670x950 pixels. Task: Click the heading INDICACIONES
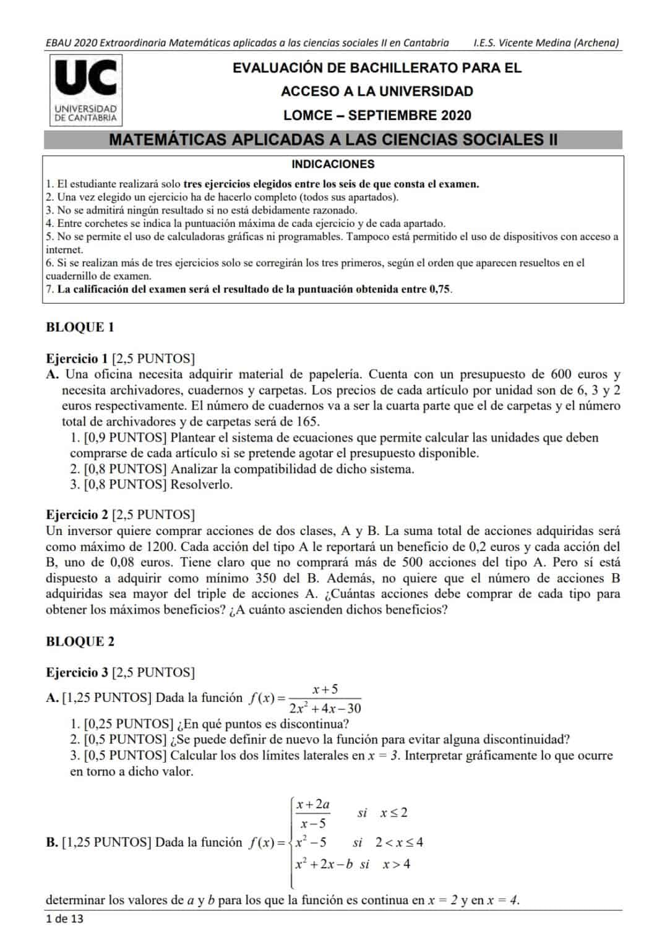tap(333, 165)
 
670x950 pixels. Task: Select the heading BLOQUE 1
tap(80, 328)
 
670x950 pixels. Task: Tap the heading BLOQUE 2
tap(80, 642)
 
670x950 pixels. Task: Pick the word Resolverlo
tap(202, 485)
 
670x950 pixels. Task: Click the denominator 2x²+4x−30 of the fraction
tap(325, 709)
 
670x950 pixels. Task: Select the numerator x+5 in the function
tap(325, 689)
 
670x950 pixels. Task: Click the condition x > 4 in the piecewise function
tap(396, 865)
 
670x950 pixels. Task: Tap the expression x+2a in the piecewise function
tap(312, 804)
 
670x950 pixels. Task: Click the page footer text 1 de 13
tap(64, 919)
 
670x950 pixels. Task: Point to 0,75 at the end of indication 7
tap(439, 289)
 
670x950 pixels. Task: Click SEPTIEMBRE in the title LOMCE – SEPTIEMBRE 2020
tap(392, 116)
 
